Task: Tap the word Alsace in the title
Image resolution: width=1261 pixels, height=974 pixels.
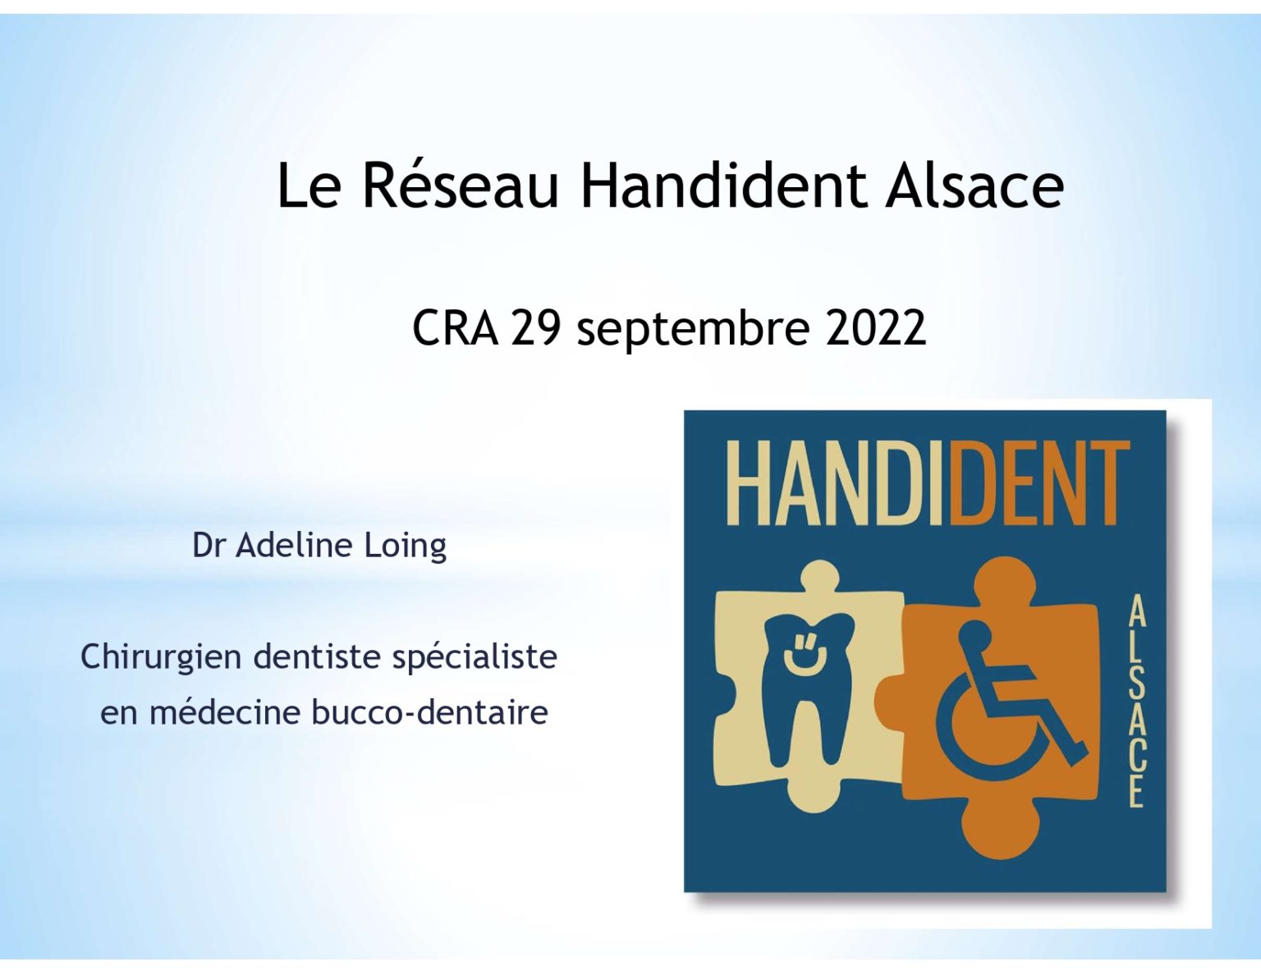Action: (x=974, y=185)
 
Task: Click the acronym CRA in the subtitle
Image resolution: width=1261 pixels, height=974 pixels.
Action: (x=455, y=328)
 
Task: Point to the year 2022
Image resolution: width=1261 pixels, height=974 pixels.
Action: (x=875, y=328)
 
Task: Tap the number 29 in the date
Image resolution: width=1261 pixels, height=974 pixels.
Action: (x=535, y=328)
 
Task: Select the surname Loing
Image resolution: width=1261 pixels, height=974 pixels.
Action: (x=405, y=546)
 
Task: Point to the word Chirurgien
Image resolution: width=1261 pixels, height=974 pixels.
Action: (x=161, y=658)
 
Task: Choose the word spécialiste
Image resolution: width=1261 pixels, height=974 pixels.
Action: (x=475, y=658)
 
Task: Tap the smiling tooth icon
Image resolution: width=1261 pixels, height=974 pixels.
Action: (x=809, y=688)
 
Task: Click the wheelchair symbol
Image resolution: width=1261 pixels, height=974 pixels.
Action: (x=1011, y=701)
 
